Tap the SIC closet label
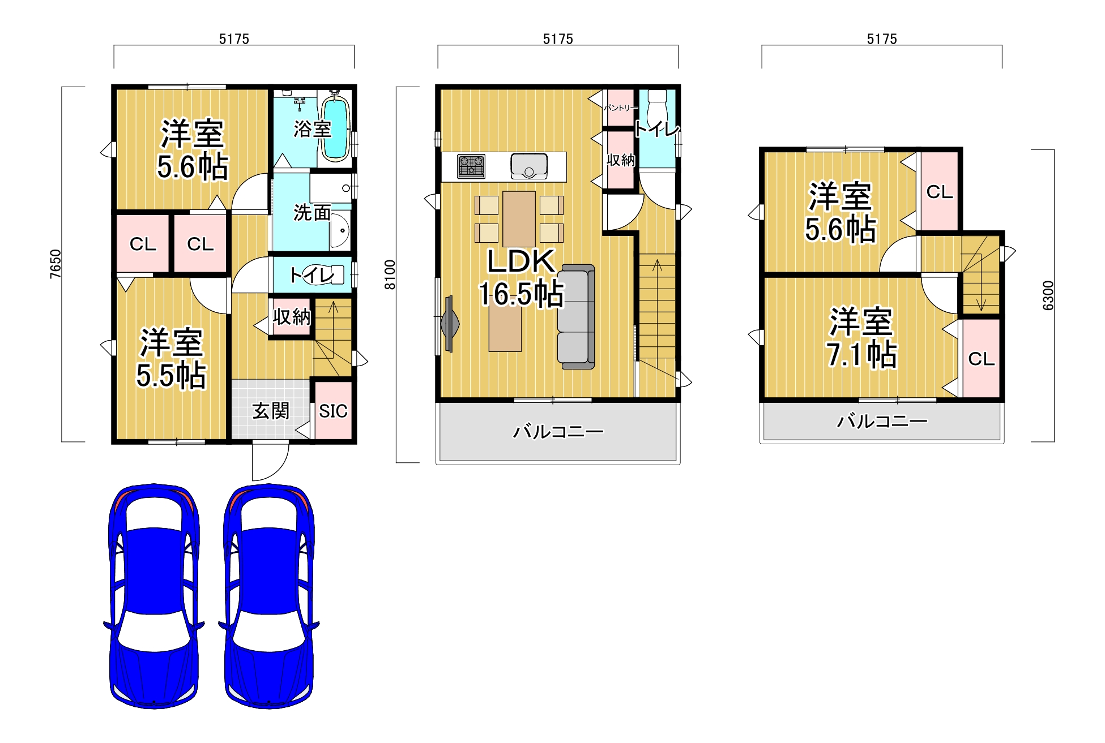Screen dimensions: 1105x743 pyautogui.click(x=333, y=411)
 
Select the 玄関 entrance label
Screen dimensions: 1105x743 pyautogui.click(x=271, y=411)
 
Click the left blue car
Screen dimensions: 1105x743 pyautogui.click(x=153, y=596)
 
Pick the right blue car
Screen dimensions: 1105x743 pyautogui.click(x=269, y=596)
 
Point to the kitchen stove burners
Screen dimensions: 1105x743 pyautogui.click(x=471, y=166)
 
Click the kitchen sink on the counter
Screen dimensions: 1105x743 pyautogui.click(x=529, y=166)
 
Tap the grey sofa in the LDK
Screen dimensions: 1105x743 pyautogui.click(x=576, y=317)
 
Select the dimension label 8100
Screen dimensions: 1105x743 pyautogui.click(x=390, y=274)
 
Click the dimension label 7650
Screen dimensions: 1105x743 pyautogui.click(x=55, y=264)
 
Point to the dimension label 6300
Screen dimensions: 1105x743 pyautogui.click(x=1048, y=295)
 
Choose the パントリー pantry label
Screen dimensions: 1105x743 pyautogui.click(x=621, y=108)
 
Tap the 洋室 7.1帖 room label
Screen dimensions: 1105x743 pyautogui.click(x=861, y=338)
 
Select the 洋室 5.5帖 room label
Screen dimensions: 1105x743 pyautogui.click(x=171, y=359)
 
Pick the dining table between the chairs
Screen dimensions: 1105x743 pyautogui.click(x=519, y=219)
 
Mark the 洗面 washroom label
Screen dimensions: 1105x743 pyautogui.click(x=312, y=213)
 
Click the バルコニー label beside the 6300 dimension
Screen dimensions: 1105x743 pyautogui.click(x=882, y=421)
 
